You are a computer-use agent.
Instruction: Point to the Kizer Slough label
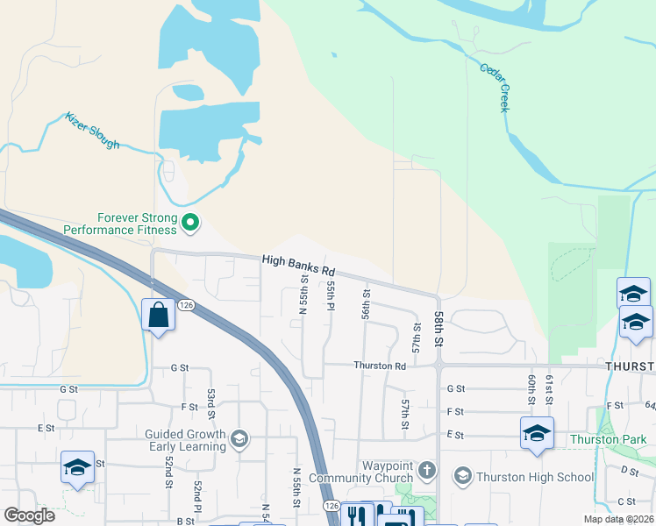[x=92, y=130]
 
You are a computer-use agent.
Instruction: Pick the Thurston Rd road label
[x=380, y=365]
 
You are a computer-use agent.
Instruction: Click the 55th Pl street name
[x=332, y=295]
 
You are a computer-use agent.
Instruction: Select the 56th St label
[x=366, y=303]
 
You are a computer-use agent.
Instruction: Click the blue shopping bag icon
[x=158, y=316]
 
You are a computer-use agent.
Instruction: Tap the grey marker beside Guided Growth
[x=239, y=438]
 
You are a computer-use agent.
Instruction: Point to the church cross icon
[x=427, y=471]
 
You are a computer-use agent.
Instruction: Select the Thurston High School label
[x=534, y=477]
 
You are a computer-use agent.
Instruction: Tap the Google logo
[x=29, y=515]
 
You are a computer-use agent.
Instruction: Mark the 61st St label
[x=549, y=388]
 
